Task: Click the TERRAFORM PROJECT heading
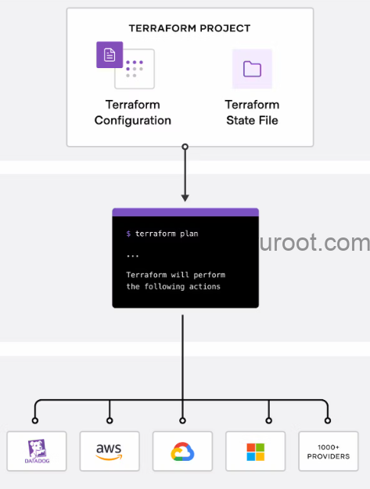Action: (189, 28)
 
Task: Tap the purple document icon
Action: (110, 55)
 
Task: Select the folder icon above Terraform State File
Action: (253, 69)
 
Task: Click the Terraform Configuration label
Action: (133, 112)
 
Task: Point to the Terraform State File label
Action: (253, 112)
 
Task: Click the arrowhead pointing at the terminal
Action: (185, 198)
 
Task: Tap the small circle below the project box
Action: (185, 147)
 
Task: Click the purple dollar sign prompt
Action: (128, 234)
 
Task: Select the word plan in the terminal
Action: (189, 234)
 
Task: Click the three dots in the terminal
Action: (133, 256)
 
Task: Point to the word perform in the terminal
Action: (209, 275)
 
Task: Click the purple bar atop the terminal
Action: (185, 212)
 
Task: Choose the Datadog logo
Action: (37, 451)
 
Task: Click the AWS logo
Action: (109, 452)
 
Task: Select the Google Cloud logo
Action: (182, 452)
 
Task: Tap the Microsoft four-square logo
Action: (256, 452)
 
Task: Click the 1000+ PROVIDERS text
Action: (329, 452)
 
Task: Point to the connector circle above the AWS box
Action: (110, 421)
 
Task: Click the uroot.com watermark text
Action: (314, 243)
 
